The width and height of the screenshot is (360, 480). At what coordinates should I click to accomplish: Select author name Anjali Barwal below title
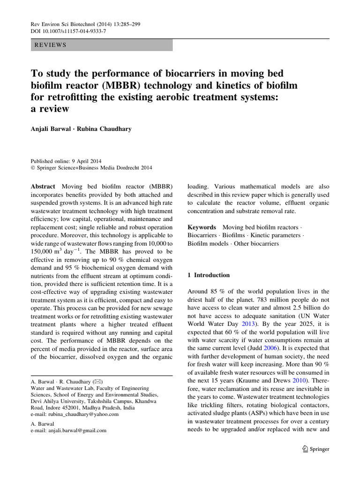point(50,129)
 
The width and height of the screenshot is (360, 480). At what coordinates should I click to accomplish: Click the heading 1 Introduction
point(209,275)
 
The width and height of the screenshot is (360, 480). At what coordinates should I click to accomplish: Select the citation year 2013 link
point(248,323)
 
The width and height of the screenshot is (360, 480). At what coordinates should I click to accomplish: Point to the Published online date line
point(66,161)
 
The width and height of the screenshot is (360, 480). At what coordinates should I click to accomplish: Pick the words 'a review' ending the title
point(50,109)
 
